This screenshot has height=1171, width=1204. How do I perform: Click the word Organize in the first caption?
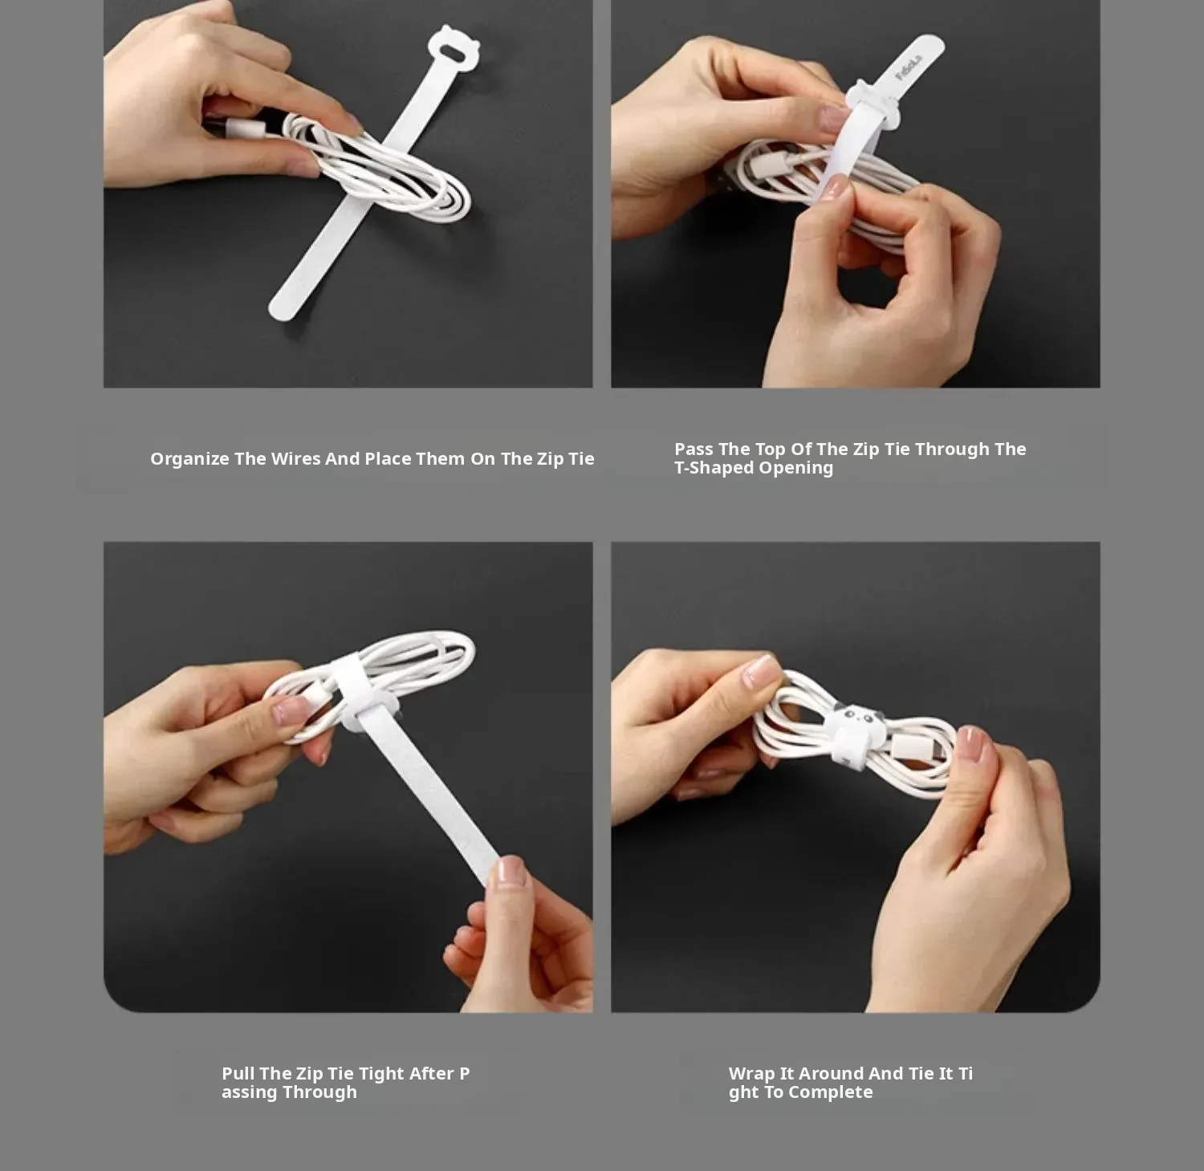189,459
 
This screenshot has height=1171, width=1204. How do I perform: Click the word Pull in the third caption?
238,1073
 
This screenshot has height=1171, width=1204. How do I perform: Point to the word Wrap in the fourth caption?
751,1074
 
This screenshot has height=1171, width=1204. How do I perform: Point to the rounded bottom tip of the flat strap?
283,309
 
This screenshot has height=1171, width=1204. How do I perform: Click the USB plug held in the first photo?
242,127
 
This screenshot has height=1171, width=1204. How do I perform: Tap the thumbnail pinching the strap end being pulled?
510,871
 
